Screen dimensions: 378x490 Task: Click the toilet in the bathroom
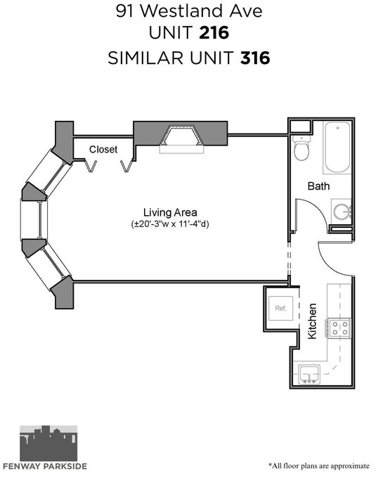tap(301, 148)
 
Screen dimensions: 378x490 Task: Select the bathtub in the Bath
tap(337, 147)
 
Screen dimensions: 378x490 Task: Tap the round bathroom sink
tap(341, 211)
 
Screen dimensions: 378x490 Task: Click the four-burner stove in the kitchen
tap(339, 328)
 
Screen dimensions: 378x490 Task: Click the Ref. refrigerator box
tap(281, 308)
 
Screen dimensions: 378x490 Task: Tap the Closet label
tap(103, 149)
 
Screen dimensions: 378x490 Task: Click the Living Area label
tap(170, 212)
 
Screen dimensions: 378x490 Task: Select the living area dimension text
tap(170, 224)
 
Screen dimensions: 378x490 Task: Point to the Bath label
tap(318, 186)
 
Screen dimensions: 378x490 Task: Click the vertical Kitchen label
tap(312, 321)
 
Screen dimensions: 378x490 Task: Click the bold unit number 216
tap(214, 32)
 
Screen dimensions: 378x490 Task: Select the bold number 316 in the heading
tap(255, 58)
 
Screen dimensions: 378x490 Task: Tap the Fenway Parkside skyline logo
tap(48, 444)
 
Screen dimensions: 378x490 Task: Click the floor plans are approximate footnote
tap(319, 465)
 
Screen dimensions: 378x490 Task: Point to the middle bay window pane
tap(34, 219)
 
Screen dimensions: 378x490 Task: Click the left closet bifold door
tap(91, 166)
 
